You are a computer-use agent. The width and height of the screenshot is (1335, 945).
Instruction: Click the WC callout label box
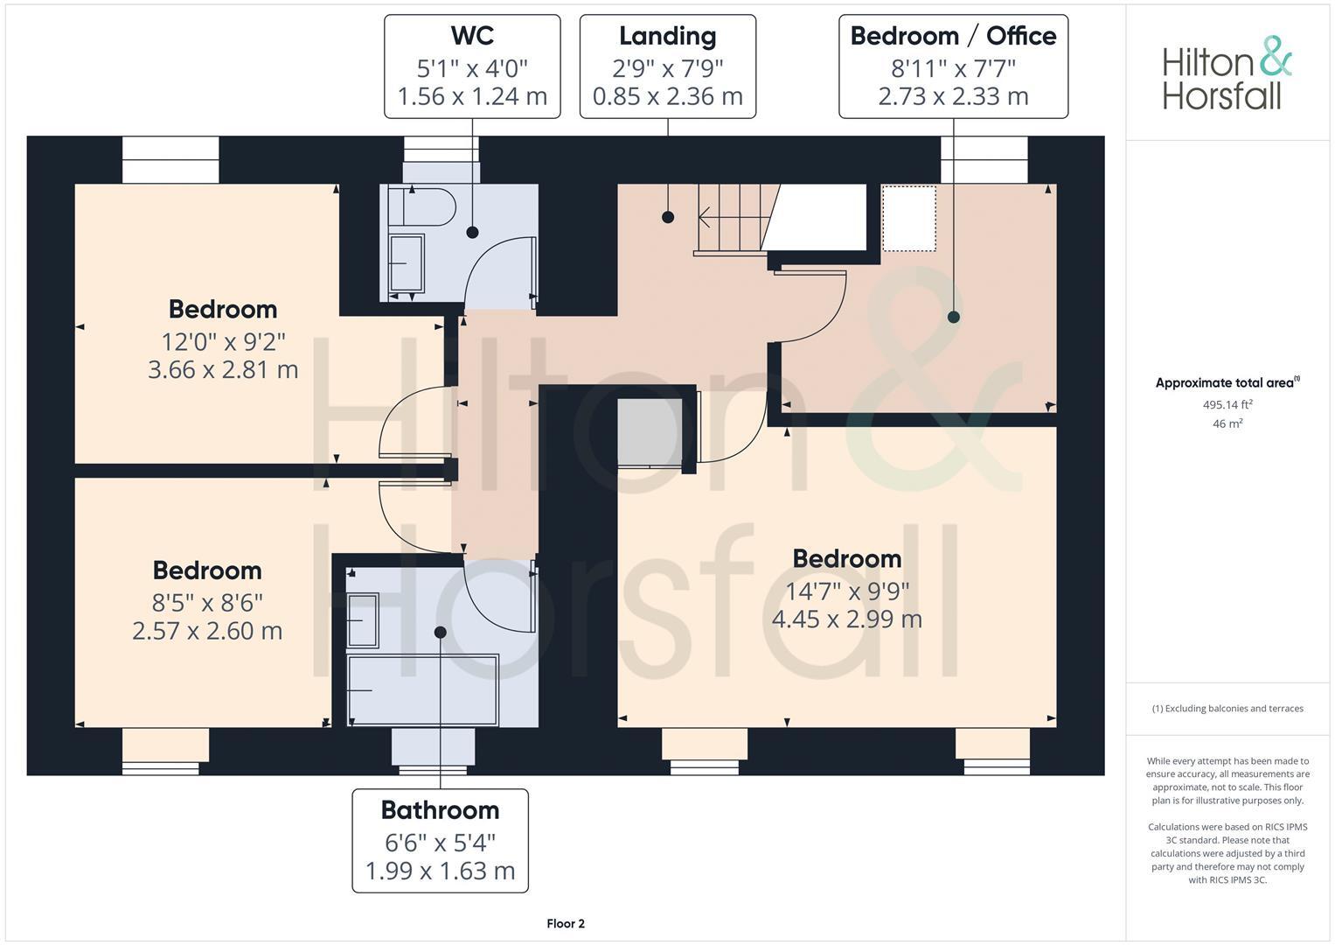tap(472, 66)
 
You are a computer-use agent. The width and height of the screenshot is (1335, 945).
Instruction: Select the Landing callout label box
tap(667, 66)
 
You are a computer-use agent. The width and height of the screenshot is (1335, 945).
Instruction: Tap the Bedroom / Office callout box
tap(953, 66)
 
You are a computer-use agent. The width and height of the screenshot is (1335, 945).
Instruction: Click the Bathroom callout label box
tap(440, 840)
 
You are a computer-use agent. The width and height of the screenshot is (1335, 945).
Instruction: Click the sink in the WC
tap(406, 262)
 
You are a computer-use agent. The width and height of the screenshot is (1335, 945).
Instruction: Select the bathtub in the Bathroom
tap(422, 690)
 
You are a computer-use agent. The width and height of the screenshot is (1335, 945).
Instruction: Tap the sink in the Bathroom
tap(363, 619)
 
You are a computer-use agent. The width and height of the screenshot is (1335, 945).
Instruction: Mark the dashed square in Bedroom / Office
tap(909, 218)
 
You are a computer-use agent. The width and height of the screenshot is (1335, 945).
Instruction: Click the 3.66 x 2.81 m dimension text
tap(223, 370)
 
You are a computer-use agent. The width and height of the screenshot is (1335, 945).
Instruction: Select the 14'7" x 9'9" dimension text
tap(846, 591)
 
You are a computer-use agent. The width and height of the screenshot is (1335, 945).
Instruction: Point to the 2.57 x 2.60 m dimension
tap(207, 631)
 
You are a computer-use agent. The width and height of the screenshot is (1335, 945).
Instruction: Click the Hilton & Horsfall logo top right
tap(1227, 73)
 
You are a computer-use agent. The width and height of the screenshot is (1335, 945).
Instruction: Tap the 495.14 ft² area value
tap(1227, 404)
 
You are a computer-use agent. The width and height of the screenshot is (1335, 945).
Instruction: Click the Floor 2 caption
tap(566, 923)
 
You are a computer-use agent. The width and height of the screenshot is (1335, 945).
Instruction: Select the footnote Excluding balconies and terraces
tap(1227, 708)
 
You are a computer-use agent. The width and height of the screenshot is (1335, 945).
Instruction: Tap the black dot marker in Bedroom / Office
tap(954, 317)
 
